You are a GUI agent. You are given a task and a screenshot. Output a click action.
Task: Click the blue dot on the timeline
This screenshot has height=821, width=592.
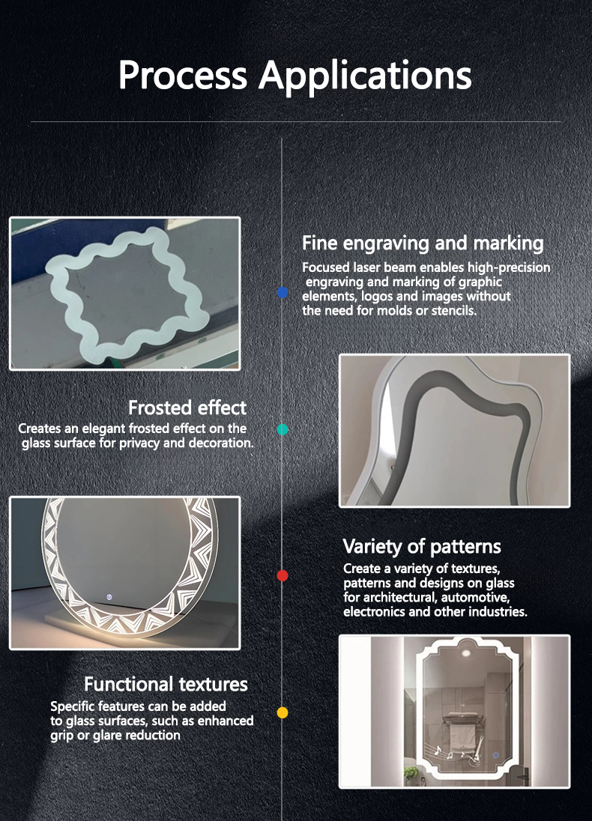coord(283,293)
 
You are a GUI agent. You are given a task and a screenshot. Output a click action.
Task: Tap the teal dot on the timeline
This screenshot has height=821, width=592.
coord(283,429)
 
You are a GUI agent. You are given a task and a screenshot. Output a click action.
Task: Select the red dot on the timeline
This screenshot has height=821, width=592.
coord(283,575)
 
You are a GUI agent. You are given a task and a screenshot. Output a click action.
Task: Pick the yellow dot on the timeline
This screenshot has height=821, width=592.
coord(283,712)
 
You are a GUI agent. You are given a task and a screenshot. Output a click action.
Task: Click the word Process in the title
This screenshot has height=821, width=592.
coord(182,75)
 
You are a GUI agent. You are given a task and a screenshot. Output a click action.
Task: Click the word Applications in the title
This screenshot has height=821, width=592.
coord(365,76)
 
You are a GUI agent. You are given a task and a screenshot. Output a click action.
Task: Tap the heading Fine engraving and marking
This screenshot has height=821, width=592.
coord(423,243)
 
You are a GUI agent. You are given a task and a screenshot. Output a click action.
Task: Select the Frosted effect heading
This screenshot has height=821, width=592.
coord(187,408)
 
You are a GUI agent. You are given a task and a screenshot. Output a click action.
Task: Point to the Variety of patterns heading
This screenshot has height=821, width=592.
coord(422,547)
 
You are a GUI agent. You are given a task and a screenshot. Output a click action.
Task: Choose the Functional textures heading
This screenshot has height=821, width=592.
coord(166,684)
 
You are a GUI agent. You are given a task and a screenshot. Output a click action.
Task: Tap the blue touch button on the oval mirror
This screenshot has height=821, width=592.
coord(109,596)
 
